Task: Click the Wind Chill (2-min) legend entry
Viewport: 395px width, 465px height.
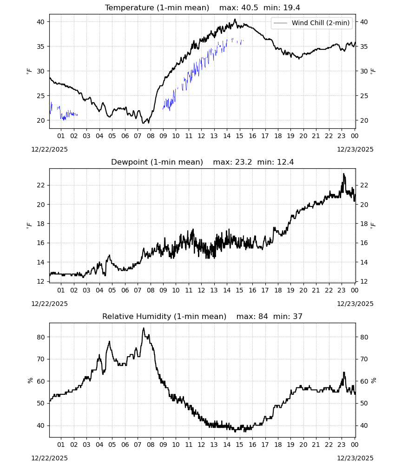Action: (312, 23)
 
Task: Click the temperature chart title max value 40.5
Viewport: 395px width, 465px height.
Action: (250, 8)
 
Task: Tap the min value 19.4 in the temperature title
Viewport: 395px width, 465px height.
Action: (291, 8)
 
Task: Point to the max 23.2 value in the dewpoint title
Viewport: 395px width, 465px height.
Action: (244, 162)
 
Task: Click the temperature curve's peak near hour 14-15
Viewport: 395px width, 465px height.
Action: (235, 19)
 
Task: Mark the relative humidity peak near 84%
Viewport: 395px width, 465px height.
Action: (144, 328)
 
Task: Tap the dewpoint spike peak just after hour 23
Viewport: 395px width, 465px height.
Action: (344, 174)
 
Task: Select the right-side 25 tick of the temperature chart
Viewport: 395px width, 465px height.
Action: (364, 96)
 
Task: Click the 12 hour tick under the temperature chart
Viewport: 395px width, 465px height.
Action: (202, 136)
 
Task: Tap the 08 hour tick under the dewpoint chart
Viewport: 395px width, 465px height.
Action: (151, 290)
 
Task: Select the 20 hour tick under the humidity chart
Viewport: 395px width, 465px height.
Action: (303, 445)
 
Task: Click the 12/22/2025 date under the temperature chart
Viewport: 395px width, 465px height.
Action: (49, 149)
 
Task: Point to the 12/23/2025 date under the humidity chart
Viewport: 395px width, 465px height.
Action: (355, 458)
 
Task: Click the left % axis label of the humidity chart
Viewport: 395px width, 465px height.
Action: (30, 380)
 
